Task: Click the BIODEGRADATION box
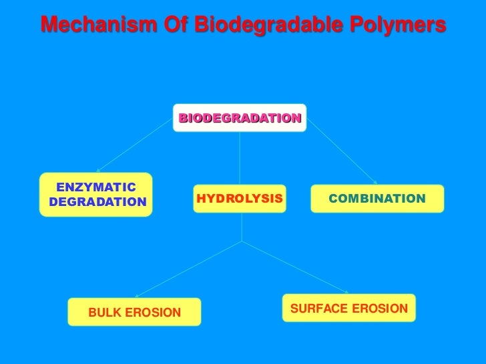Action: (240, 118)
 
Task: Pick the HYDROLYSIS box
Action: (240, 199)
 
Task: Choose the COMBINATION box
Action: (377, 199)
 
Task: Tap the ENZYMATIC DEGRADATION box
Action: (96, 195)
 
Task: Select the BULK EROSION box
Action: (134, 312)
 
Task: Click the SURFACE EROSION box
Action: (348, 309)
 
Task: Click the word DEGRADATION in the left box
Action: (97, 202)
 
